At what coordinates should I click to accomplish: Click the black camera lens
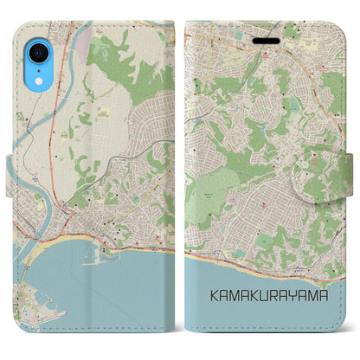(36, 55)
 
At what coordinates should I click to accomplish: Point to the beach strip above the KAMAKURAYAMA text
(260, 260)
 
